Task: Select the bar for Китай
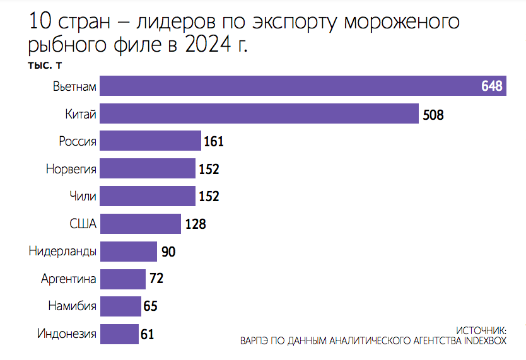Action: click(259, 113)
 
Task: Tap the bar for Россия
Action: click(150, 141)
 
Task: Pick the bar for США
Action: click(140, 224)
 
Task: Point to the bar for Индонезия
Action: click(119, 334)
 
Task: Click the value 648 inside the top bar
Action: click(491, 86)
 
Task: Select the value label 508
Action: click(433, 115)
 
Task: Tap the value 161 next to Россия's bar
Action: click(214, 142)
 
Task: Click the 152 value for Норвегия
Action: click(209, 169)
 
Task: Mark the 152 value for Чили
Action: click(209, 197)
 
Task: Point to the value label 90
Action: click(168, 252)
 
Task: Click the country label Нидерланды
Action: click(62, 252)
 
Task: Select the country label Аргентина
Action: click(68, 279)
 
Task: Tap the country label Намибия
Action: click(72, 306)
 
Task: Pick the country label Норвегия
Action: click(71, 169)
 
